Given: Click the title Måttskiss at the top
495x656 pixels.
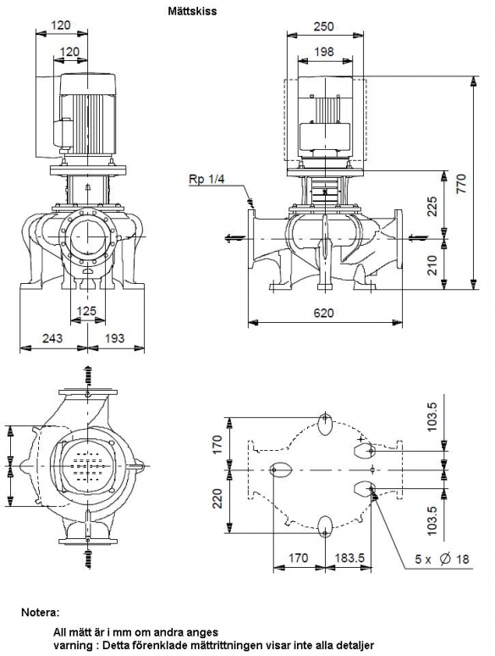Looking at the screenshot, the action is click(x=193, y=11).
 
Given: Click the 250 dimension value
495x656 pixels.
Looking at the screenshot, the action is click(x=324, y=26).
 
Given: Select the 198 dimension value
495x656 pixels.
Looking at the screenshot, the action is click(x=324, y=52).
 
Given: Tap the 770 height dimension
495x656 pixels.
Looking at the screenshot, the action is click(x=461, y=184).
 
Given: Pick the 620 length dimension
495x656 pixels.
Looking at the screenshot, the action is click(x=324, y=313).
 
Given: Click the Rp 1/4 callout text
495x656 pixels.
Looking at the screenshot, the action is click(x=206, y=180).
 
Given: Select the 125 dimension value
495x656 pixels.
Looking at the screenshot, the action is click(x=87, y=311).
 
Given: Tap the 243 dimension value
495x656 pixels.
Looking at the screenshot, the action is click(x=52, y=337).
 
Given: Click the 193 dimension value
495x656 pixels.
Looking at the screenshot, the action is click(x=114, y=337).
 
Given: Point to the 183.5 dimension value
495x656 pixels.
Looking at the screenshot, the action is click(x=349, y=558).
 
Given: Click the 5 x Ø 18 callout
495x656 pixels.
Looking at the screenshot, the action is click(x=442, y=559).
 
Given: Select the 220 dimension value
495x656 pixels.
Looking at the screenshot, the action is click(x=217, y=498).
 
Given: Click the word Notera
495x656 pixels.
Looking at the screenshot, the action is click(x=40, y=613).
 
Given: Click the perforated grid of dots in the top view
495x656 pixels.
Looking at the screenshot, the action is click(x=87, y=464).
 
